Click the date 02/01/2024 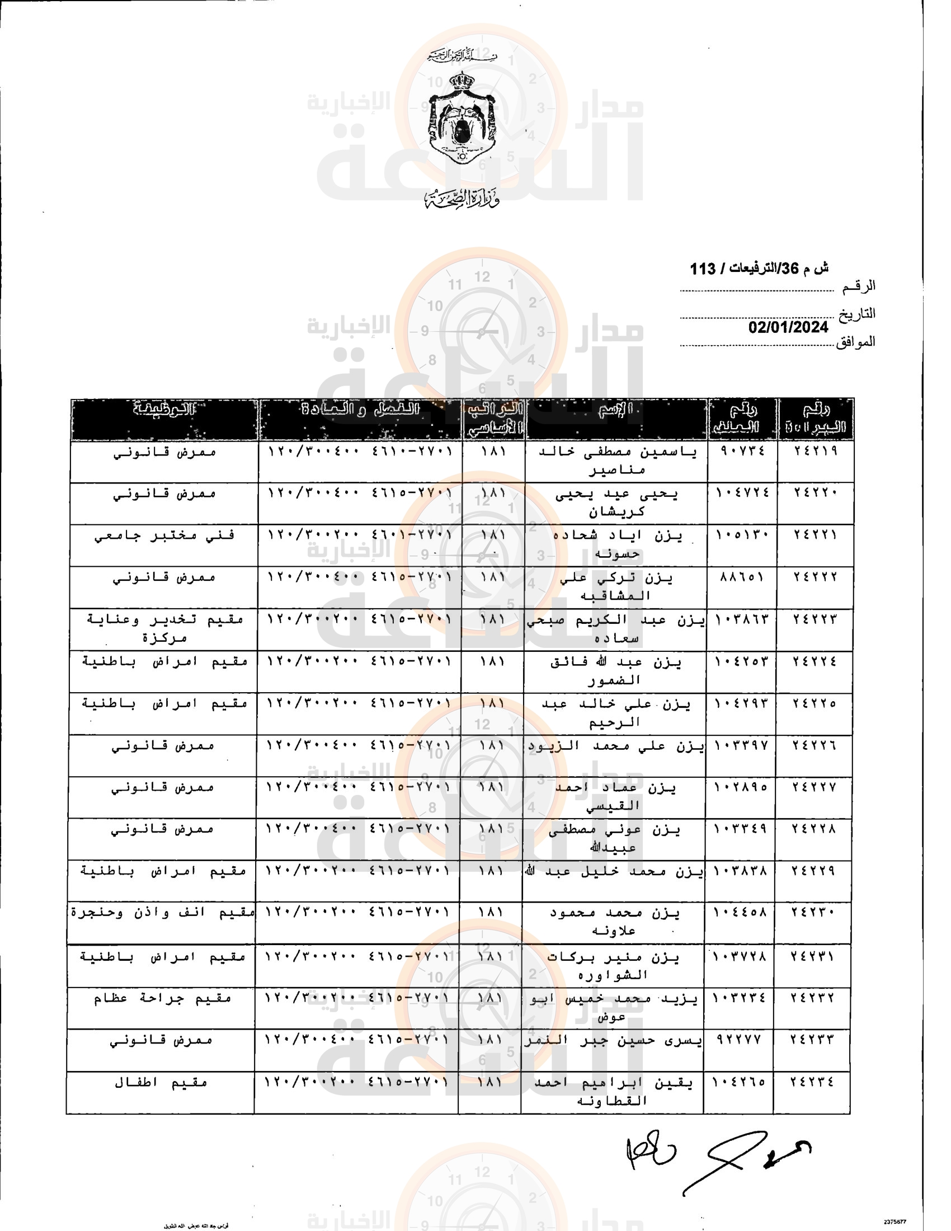pyautogui.click(x=788, y=327)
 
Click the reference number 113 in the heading pyautogui.click(x=703, y=269)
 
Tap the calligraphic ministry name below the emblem pyautogui.click(x=462, y=199)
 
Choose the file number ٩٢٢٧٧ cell pyautogui.click(x=739, y=1039)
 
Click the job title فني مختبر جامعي pyautogui.click(x=164, y=535)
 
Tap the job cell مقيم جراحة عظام pyautogui.click(x=162, y=998)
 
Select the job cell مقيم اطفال pyautogui.click(x=161, y=1083)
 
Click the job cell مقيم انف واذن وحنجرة pyautogui.click(x=162, y=913)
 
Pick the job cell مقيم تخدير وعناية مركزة pyautogui.click(x=164, y=628)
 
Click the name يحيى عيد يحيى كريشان pyautogui.click(x=616, y=502)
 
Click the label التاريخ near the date pyautogui.click(x=857, y=313)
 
